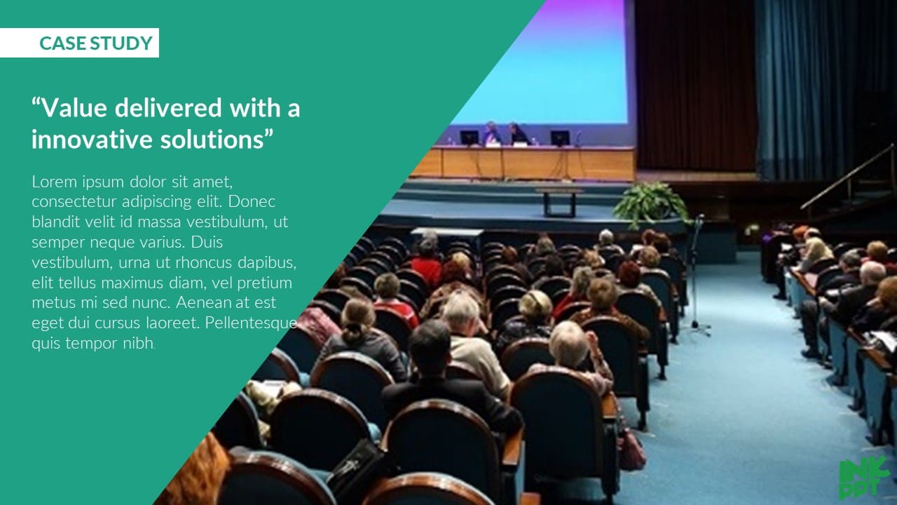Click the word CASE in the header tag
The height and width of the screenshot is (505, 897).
[x=62, y=43]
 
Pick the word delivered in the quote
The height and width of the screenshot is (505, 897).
[x=168, y=108]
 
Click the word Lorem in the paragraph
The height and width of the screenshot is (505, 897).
[x=55, y=182]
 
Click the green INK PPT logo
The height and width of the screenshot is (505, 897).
[x=864, y=478]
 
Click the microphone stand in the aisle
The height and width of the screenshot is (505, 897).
[x=697, y=276]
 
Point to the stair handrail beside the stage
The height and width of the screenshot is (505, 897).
[x=847, y=177]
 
